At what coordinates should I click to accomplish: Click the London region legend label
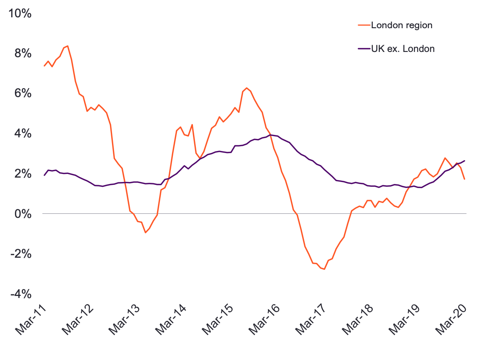point(402,25)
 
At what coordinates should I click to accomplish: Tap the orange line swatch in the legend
point(363,25)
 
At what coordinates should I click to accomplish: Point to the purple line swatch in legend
point(363,49)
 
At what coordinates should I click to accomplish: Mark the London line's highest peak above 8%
point(67,46)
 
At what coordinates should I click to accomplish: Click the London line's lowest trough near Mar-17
point(324,269)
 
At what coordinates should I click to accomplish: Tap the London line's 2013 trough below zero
point(145,232)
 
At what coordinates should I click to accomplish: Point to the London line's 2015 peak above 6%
point(247,88)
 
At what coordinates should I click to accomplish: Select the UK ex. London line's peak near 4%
point(270,135)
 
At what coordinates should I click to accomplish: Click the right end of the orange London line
point(465,179)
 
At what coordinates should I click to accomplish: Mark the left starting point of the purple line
point(44,175)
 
